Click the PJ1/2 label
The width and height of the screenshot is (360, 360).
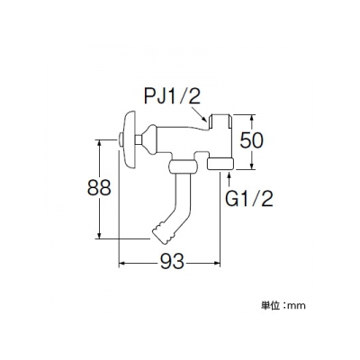[172, 94]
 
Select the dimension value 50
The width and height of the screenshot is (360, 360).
[251, 141]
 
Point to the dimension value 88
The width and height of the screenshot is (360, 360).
[99, 188]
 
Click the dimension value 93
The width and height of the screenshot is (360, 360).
[171, 261]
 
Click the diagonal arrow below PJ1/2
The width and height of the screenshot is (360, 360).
[199, 115]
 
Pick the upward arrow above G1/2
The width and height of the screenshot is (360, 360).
[229, 180]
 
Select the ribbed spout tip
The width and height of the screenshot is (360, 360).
[163, 233]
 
